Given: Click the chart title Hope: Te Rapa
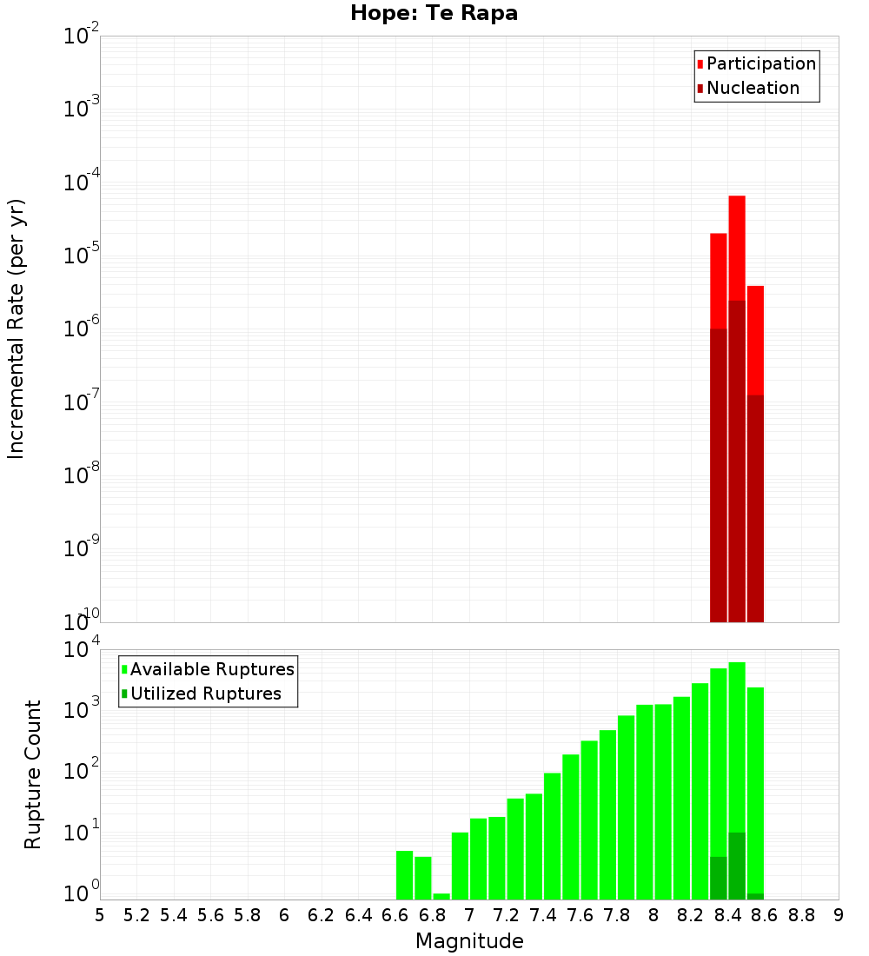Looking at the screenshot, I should (434, 14).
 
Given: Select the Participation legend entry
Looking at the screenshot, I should (756, 64).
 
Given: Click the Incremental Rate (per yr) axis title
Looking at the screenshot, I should (17, 329).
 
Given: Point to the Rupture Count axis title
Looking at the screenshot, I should (33, 774).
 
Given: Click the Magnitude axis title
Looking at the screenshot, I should (469, 941).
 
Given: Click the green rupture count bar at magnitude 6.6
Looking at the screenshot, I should (405, 875).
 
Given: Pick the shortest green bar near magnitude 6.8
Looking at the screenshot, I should (441, 896).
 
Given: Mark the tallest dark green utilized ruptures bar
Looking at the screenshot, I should (737, 866).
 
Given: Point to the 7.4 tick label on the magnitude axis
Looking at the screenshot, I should (543, 915).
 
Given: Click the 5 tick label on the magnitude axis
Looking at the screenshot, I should (100, 915).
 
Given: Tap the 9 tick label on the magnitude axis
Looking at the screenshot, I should (839, 915).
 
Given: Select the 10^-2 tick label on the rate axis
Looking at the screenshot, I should (82, 37).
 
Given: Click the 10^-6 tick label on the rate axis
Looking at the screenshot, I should (82, 329).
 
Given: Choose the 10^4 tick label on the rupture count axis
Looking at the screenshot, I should (82, 650).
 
